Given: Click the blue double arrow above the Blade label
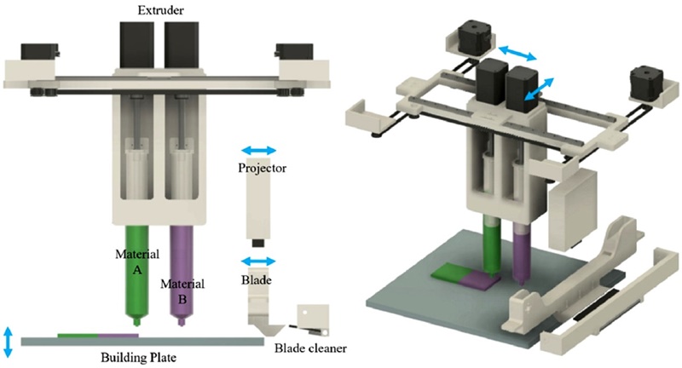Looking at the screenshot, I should pos(258,261).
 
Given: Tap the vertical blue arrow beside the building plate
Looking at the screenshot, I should pos(9,341).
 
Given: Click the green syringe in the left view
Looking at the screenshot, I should pos(134,273).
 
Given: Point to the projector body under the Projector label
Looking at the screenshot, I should pos(258,209).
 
